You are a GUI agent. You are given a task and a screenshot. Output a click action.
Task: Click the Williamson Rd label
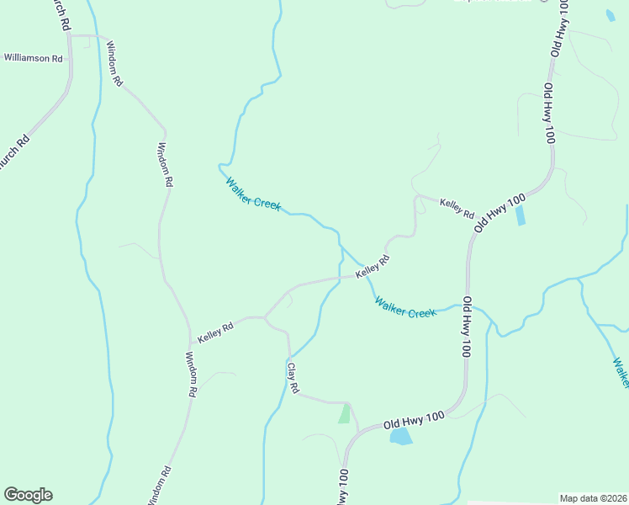34,59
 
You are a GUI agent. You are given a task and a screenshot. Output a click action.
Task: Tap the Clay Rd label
293,379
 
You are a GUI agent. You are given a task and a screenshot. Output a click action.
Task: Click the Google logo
28,495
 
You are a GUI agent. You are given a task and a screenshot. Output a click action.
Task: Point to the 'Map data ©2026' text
593,498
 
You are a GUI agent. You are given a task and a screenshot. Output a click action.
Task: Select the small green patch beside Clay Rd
344,413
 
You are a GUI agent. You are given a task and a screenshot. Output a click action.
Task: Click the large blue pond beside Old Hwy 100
400,436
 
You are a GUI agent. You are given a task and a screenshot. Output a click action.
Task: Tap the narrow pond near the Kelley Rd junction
520,215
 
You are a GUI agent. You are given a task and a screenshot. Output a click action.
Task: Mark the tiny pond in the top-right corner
610,15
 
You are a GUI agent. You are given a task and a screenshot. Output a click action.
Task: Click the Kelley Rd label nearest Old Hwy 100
457,208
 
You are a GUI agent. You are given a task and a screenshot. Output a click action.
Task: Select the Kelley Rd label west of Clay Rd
215,331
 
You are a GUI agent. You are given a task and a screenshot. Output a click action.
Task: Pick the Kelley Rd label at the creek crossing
373,268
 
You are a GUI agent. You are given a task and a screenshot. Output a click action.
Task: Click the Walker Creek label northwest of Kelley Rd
252,194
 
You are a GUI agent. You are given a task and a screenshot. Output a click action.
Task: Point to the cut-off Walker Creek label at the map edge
621,372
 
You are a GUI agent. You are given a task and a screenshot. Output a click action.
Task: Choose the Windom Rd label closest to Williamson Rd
115,64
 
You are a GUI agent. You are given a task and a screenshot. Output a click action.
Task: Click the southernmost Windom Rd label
163,483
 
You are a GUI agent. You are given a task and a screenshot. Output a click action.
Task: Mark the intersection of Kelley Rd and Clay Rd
265,317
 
